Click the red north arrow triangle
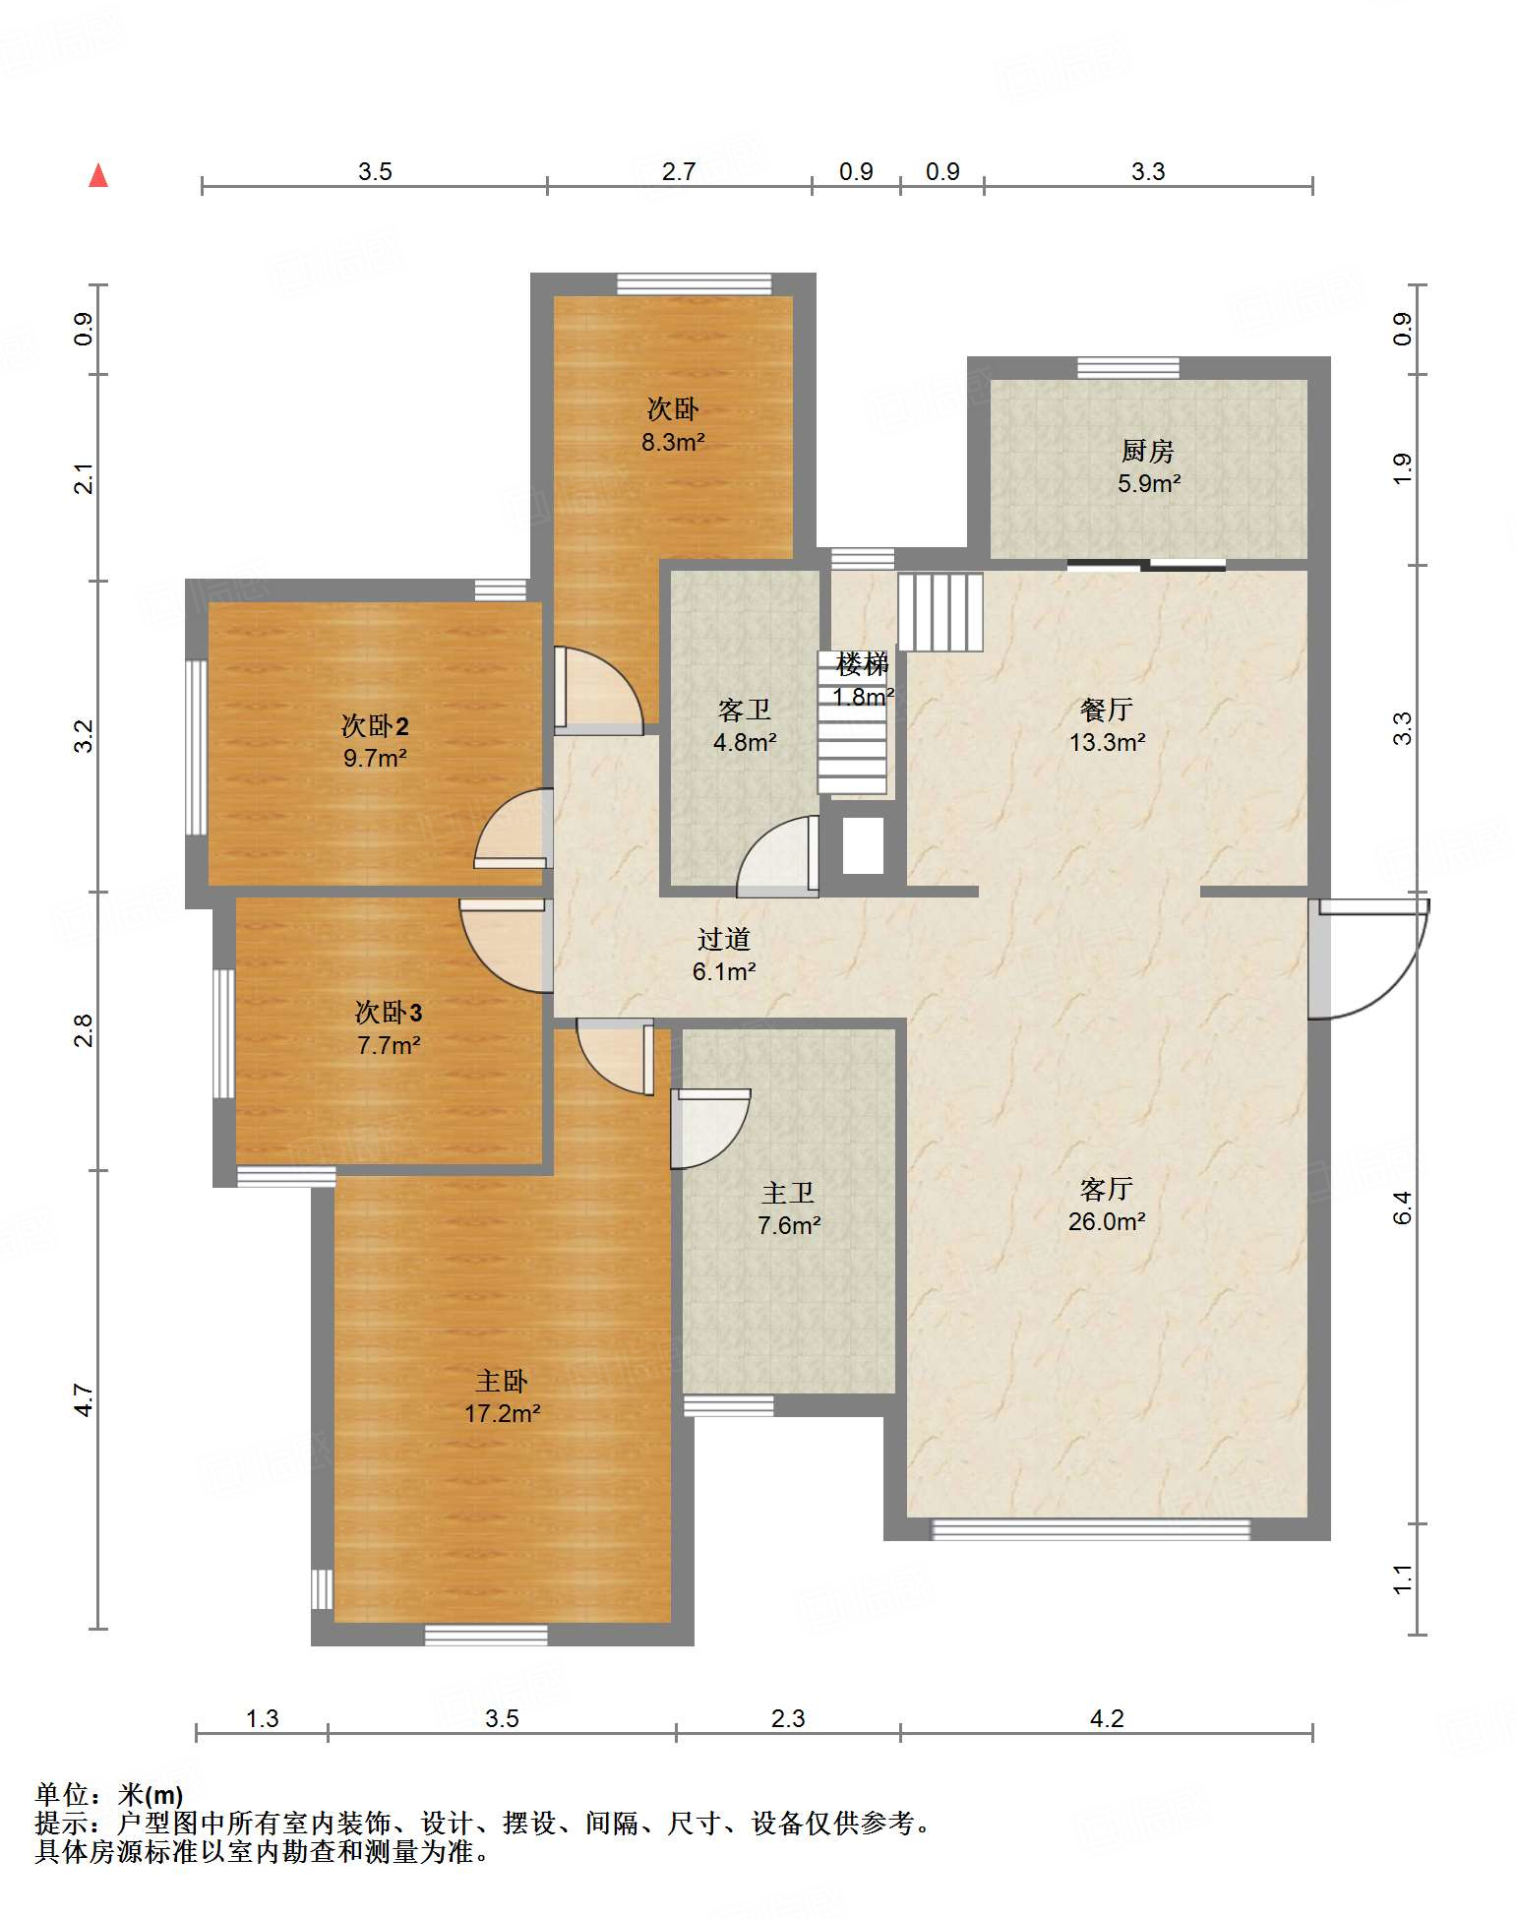pyautogui.click(x=98, y=175)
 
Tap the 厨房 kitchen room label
pyautogui.click(x=1148, y=451)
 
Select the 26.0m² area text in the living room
pyautogui.click(x=1107, y=1221)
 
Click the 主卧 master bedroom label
pyautogui.click(x=502, y=1382)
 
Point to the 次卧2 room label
pyautogui.click(x=375, y=725)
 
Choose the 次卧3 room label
pyautogui.click(x=389, y=1012)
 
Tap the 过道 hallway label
pyautogui.click(x=724, y=939)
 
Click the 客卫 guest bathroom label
pyautogui.click(x=745, y=710)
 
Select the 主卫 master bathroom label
pyautogui.click(x=788, y=1193)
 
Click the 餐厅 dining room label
pyautogui.click(x=1107, y=709)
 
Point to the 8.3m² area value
pyautogui.click(x=673, y=442)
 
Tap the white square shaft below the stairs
pyautogui.click(x=863, y=845)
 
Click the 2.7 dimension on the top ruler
pyautogui.click(x=679, y=171)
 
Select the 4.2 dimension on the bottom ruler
pyautogui.click(x=1107, y=1718)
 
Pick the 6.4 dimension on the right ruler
pyautogui.click(x=1403, y=1207)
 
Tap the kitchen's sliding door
pyautogui.click(x=1147, y=565)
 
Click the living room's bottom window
pyautogui.click(x=1091, y=1529)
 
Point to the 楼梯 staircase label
pyautogui.click(x=863, y=664)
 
